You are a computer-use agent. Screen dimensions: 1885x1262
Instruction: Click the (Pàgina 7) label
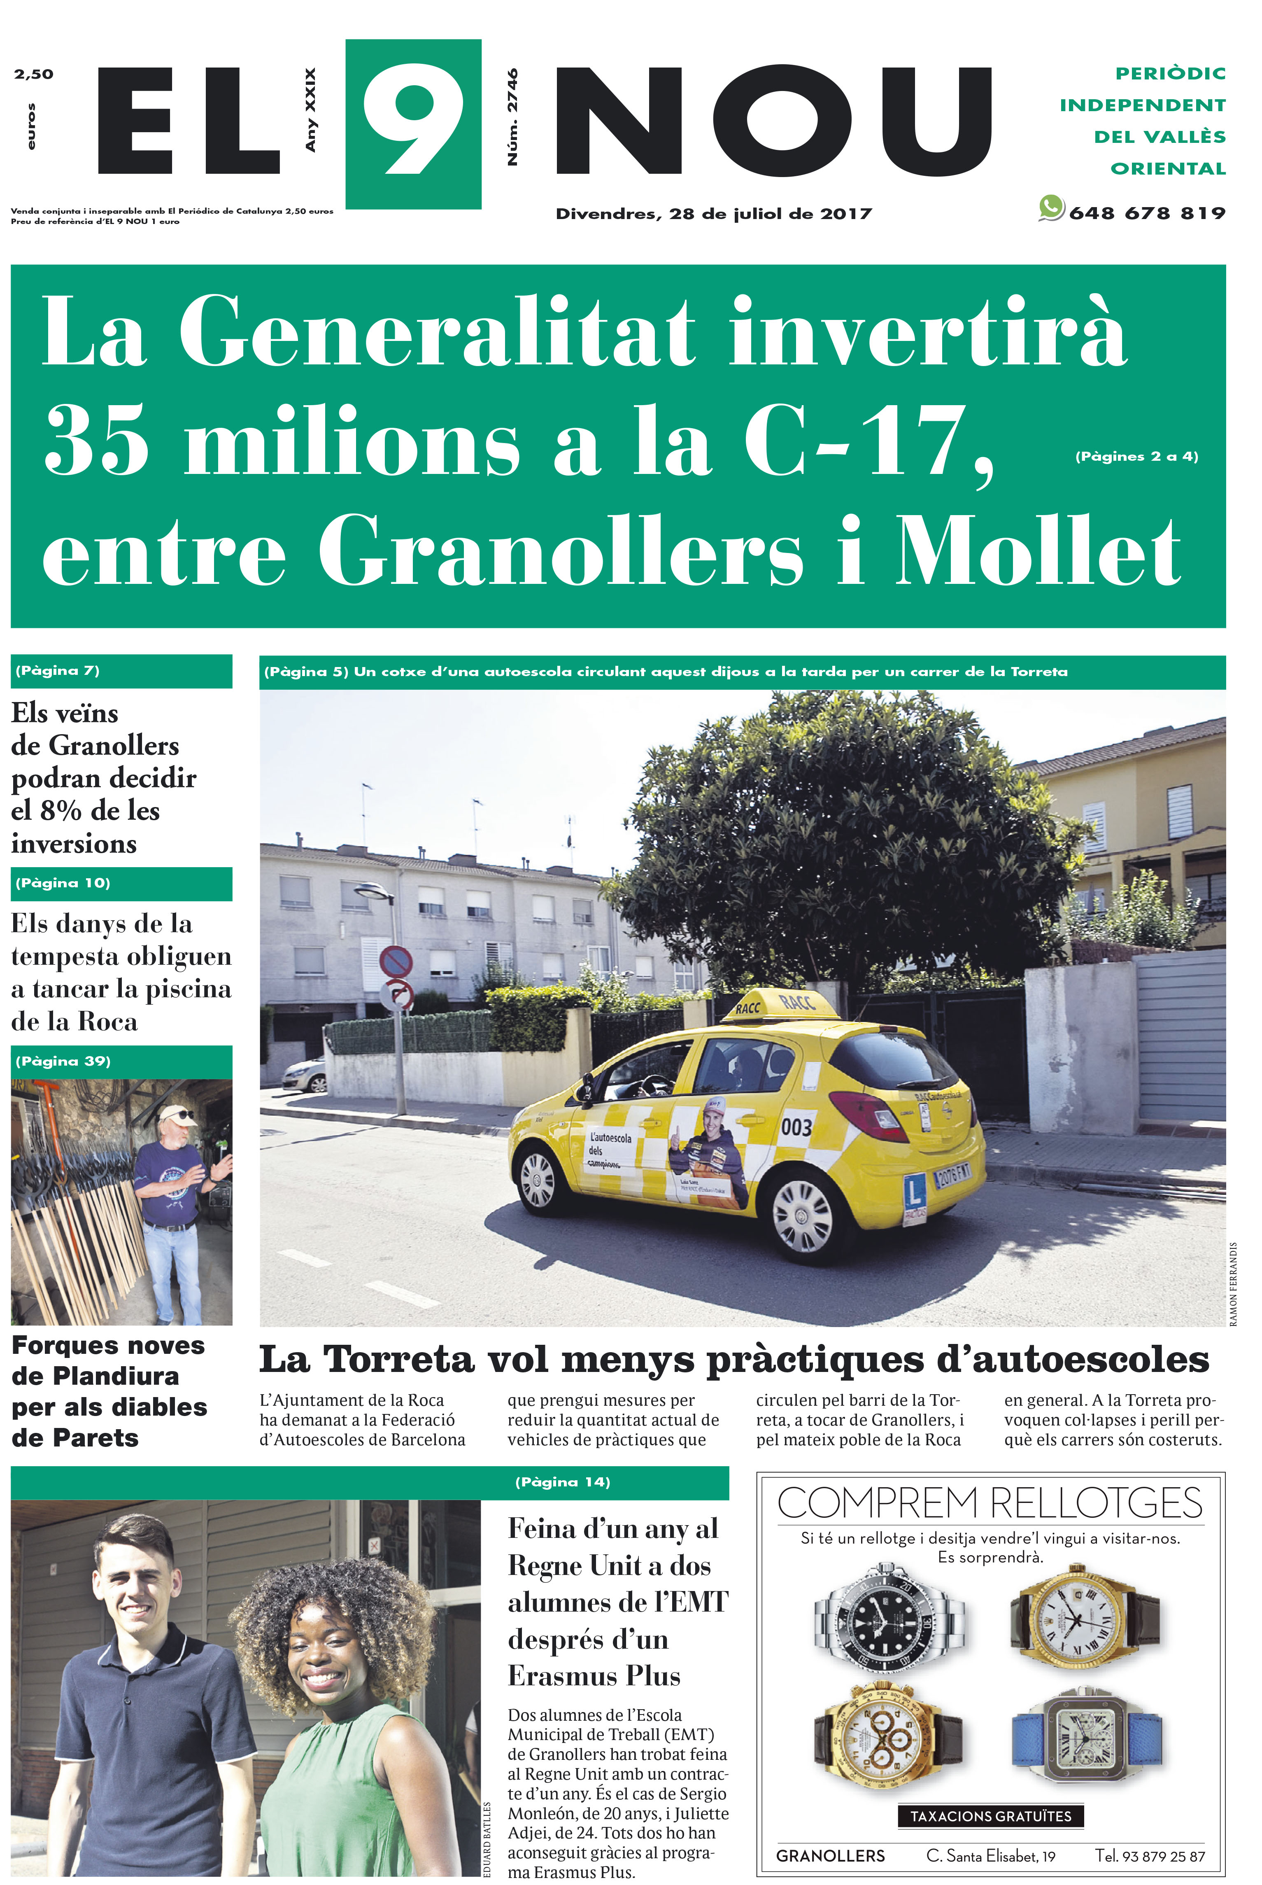click(58, 670)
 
